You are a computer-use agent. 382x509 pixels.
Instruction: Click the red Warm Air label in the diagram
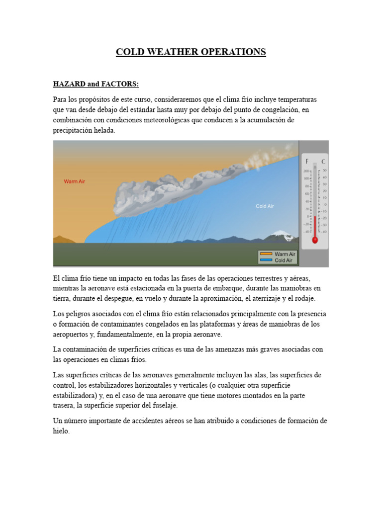pyautogui.click(x=74, y=181)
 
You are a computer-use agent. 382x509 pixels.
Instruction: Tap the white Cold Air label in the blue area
pyautogui.click(x=265, y=206)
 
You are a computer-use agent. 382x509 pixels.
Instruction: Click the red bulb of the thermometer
pyautogui.click(x=314, y=240)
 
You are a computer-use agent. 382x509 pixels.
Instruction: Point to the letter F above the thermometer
pyautogui.click(x=307, y=162)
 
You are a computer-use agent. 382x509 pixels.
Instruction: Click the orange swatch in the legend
pyautogui.click(x=266, y=254)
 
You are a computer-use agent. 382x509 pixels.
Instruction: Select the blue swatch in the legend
pyautogui.click(x=266, y=260)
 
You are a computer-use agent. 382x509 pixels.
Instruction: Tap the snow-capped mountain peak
pyautogui.click(x=280, y=233)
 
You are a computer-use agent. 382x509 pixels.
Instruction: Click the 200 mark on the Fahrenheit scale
pyautogui.click(x=306, y=171)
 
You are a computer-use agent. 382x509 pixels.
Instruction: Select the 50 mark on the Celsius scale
pyautogui.click(x=324, y=170)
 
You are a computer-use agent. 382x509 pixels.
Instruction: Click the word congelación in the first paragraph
pyautogui.click(x=279, y=109)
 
